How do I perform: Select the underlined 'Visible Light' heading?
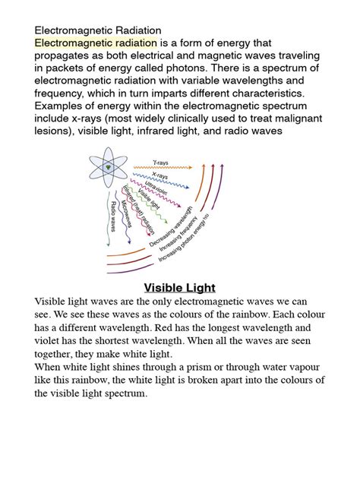point(180,288)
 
